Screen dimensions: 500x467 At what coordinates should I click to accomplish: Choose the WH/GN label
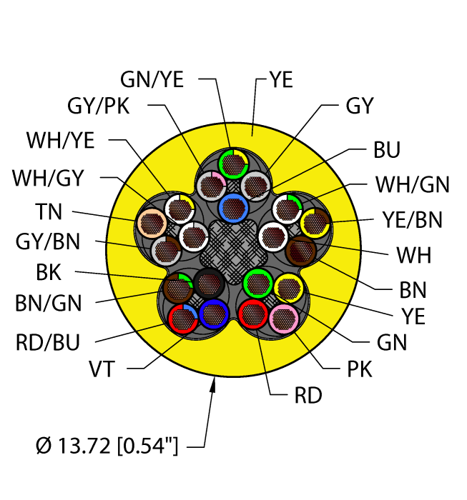tap(412, 185)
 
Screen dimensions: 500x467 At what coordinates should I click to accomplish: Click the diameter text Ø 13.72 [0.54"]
tap(107, 448)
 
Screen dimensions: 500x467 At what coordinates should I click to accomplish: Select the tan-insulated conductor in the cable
tap(151, 223)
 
